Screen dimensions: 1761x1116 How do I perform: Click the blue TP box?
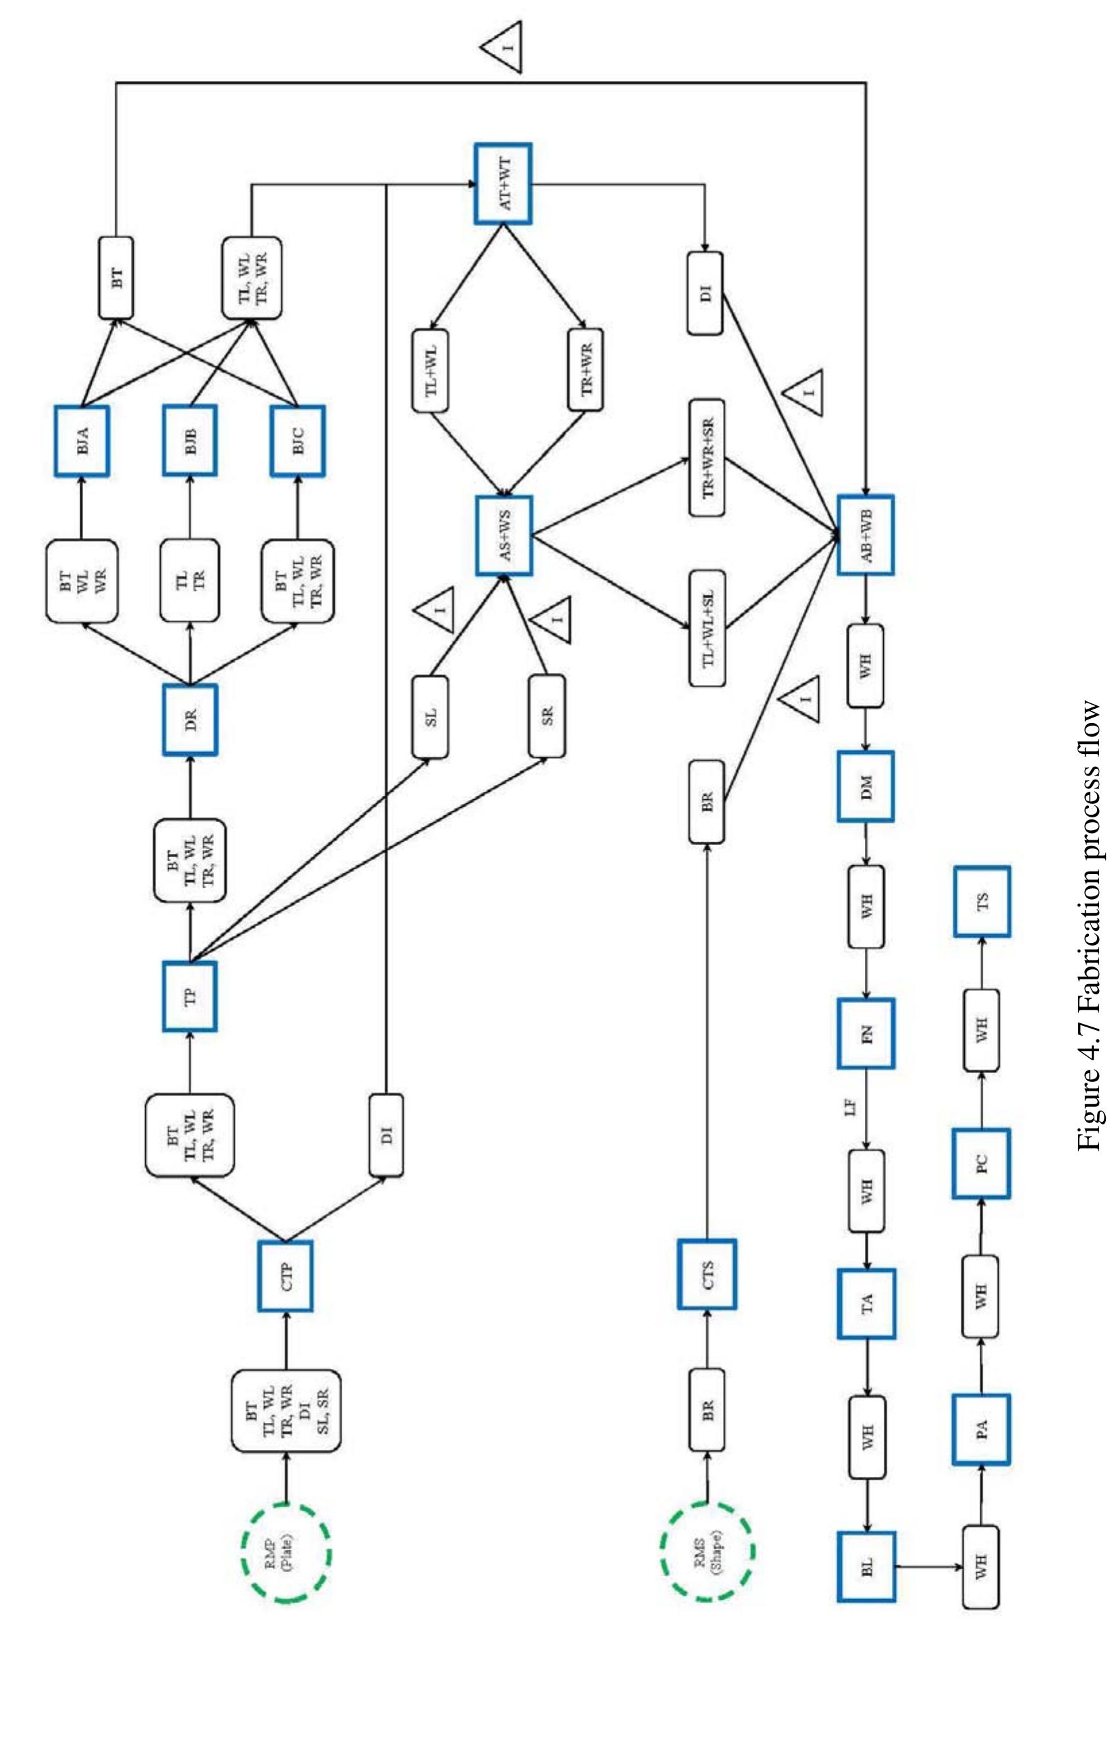[190, 996]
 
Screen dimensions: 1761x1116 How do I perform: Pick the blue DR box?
[190, 720]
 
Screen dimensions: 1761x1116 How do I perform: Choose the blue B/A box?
[82, 441]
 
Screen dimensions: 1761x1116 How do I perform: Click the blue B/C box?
[298, 441]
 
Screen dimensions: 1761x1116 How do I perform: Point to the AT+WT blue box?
[502, 184]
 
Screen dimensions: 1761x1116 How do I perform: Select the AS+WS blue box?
[503, 535]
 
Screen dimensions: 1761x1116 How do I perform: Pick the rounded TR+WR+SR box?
[706, 458]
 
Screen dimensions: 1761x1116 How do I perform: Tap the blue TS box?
[982, 902]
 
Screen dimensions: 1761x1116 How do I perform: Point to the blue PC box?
[981, 1164]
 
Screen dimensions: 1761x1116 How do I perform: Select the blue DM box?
[866, 787]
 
